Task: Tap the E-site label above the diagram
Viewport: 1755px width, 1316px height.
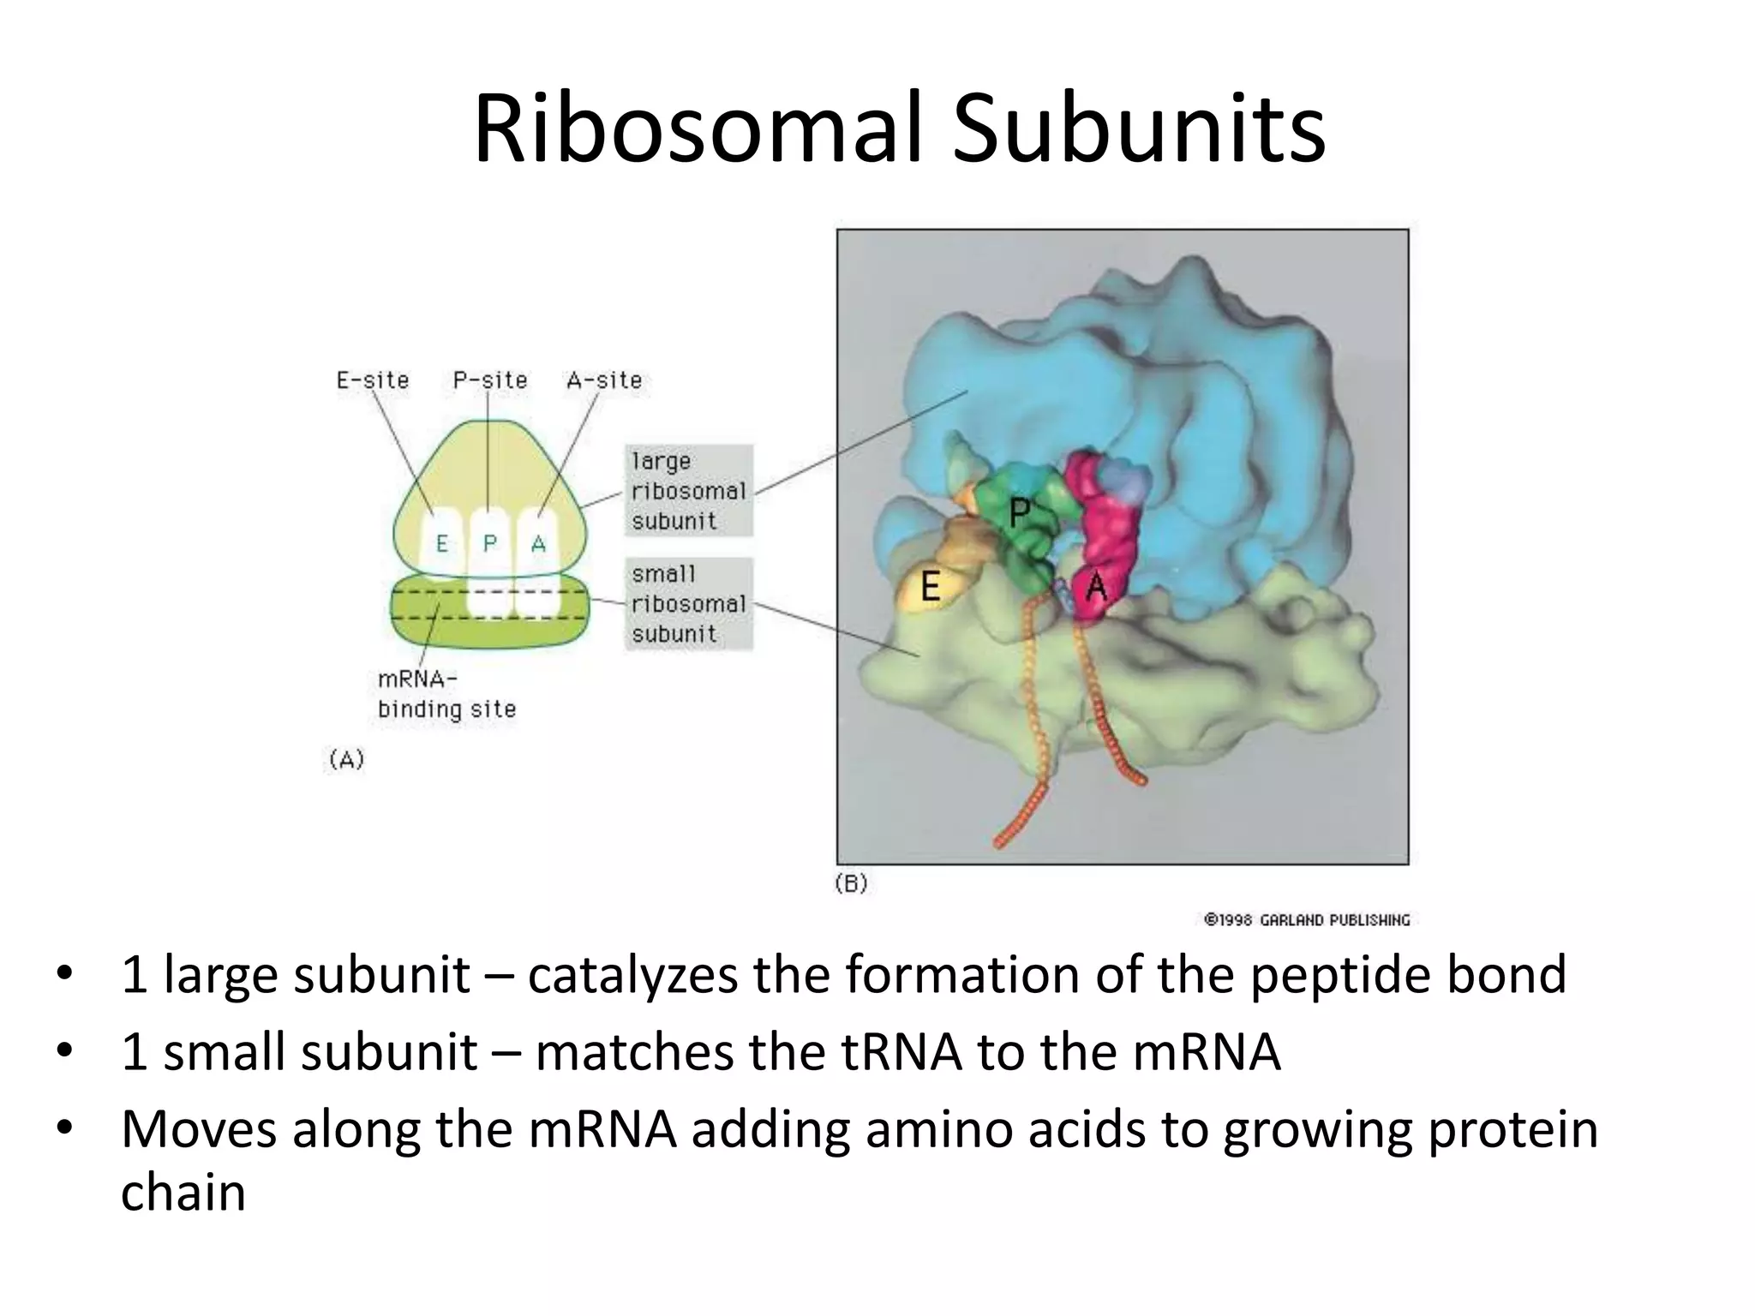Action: click(373, 380)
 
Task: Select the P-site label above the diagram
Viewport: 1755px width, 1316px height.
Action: click(489, 380)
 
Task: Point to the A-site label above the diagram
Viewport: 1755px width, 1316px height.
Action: click(604, 380)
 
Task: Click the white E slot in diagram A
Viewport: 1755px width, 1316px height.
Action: click(442, 543)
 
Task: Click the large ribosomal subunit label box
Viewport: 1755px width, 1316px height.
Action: click(688, 491)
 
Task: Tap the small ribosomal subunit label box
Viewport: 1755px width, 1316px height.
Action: click(688, 604)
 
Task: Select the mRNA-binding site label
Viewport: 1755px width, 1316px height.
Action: click(446, 694)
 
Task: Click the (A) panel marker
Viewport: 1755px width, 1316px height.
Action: click(346, 759)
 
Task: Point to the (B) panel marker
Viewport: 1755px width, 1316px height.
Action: click(851, 883)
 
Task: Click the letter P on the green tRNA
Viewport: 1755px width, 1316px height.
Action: click(1019, 513)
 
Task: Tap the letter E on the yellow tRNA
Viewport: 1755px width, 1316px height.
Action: click(930, 588)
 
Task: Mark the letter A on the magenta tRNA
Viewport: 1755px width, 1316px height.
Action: click(1096, 587)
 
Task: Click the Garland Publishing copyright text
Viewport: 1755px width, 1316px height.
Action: click(1306, 920)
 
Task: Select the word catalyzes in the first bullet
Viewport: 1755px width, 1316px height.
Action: click(632, 975)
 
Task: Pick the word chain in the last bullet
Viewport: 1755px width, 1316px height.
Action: click(183, 1193)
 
